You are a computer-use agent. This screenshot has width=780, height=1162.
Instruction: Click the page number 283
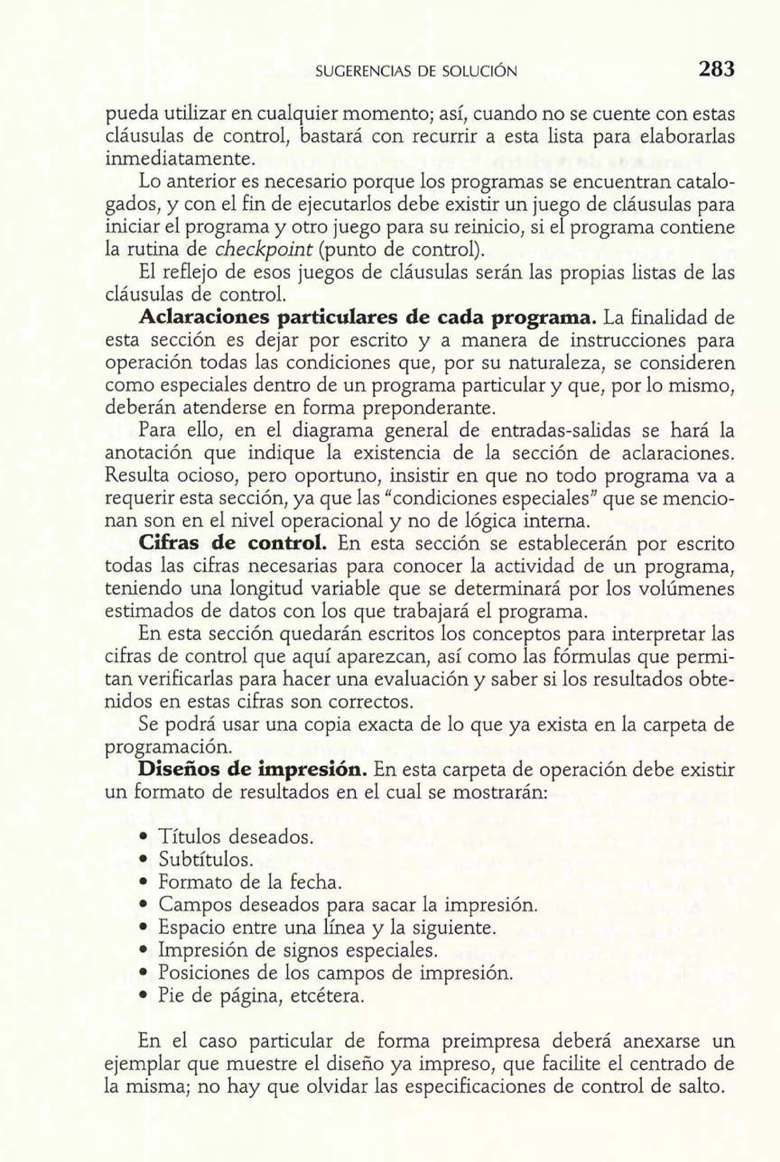(716, 69)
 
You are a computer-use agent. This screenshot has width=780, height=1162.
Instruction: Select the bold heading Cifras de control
(233, 544)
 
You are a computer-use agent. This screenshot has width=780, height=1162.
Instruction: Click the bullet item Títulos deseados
(236, 837)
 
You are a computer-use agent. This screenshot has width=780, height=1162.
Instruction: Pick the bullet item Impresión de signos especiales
(297, 950)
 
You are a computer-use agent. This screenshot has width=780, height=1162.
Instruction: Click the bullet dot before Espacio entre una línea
(143, 928)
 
